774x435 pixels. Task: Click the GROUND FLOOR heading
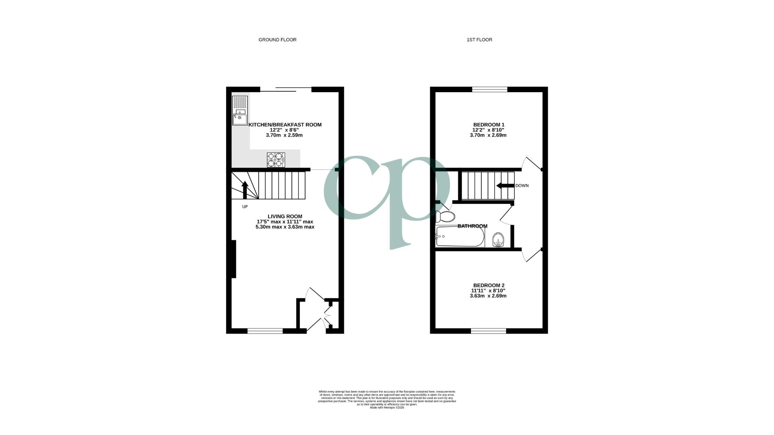[277, 40]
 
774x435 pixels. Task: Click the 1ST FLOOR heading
[479, 40]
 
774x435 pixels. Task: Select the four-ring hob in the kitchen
[276, 159]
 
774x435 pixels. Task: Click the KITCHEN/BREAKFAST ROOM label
[285, 125]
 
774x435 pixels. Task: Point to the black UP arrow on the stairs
[245, 190]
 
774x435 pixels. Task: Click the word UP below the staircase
[245, 207]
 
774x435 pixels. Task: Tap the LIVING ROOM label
[285, 216]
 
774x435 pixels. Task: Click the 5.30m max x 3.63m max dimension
[285, 227]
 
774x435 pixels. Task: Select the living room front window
[265, 331]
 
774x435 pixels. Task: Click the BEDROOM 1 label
[489, 125]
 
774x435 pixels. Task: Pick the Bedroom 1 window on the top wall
[490, 89]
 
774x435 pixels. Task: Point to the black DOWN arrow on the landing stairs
[505, 186]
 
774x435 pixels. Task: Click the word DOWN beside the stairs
[522, 186]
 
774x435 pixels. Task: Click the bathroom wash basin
[498, 240]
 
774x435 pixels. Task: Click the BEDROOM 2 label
[489, 285]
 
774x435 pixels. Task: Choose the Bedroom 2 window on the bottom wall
[489, 331]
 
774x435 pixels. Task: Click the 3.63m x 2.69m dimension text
[488, 296]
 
